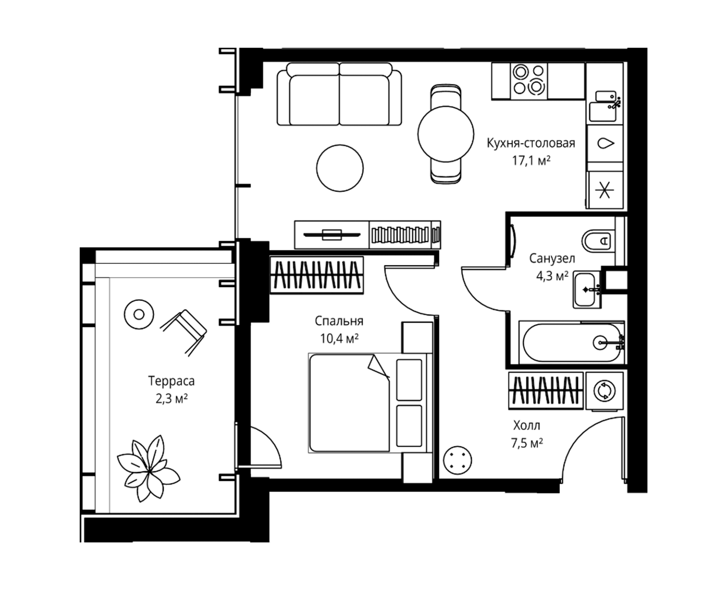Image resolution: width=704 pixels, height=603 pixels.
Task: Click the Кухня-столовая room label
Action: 531,143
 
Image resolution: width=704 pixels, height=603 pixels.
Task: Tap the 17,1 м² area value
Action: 531,160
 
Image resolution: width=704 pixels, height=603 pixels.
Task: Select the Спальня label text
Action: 339,321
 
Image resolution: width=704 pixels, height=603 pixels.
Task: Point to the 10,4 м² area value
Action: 339,338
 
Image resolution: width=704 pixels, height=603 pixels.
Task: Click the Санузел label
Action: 552,259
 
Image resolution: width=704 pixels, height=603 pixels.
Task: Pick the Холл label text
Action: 527,425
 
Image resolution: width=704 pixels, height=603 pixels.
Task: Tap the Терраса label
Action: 171,381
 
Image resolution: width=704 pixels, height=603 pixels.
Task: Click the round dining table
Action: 446,134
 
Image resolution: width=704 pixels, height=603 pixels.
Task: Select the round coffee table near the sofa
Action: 340,168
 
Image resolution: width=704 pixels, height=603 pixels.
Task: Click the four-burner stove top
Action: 529,81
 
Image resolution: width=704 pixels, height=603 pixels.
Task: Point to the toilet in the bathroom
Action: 598,241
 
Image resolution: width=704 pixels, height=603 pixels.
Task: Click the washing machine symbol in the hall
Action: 604,391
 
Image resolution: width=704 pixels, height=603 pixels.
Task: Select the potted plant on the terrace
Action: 149,469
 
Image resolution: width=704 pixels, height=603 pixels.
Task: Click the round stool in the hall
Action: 458,460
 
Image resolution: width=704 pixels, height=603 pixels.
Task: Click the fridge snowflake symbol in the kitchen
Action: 605,190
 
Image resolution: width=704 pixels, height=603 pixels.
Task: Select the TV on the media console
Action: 332,234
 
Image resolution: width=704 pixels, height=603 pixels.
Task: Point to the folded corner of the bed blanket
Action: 378,366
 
